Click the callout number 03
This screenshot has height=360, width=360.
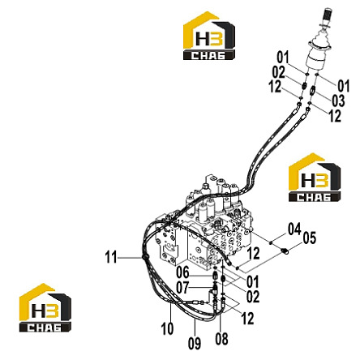pos(338,101)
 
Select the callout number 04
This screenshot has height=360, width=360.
pos(294,229)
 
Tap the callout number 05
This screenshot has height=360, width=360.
pos(309,238)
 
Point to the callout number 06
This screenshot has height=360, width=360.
pos(182,272)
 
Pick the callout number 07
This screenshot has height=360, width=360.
pos(182,287)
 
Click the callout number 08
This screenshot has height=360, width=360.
pos(221,339)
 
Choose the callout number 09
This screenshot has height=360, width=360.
pos(195,344)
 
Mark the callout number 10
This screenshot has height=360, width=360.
pos(167,329)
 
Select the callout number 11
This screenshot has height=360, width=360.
pos(111,257)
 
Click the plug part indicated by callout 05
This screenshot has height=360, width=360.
pos(285,252)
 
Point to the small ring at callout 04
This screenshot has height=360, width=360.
pos(271,242)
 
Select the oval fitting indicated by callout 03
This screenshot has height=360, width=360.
pos(313,89)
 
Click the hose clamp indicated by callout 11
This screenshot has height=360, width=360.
pos(144,256)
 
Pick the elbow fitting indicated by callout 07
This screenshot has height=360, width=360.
pos(212,291)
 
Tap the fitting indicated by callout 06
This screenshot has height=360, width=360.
pos(215,276)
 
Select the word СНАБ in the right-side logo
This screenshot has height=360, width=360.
pos(314,197)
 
